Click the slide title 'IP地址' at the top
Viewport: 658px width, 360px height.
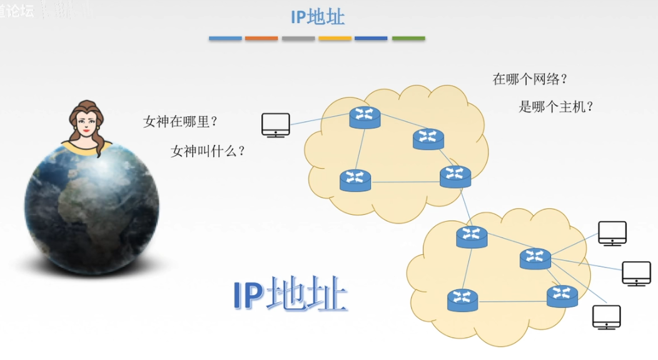317,17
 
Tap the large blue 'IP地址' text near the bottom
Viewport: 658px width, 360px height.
290,296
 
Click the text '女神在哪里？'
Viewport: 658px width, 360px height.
180,121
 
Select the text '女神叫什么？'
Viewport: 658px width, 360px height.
208,151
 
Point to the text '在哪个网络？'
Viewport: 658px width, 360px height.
530,79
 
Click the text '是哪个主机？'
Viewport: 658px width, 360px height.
555,106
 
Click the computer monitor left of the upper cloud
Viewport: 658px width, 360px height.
275,124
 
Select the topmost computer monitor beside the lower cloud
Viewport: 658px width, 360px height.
612,233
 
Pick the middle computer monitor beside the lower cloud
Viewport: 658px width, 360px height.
636,273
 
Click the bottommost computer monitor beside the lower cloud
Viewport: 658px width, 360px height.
606,317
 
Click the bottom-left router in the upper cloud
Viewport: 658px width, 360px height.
355,180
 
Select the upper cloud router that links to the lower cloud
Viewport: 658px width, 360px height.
455,176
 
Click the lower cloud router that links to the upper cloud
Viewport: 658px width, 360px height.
471,236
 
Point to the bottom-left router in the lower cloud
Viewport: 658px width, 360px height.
462,300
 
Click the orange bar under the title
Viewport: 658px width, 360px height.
261,39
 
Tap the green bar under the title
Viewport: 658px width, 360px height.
408,39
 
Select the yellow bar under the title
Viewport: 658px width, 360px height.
335,39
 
